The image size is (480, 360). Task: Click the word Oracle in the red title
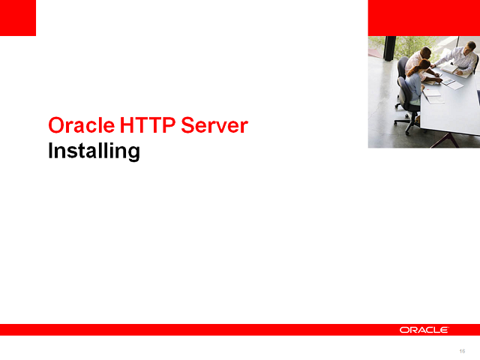[75, 125]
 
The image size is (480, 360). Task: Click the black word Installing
[94, 151]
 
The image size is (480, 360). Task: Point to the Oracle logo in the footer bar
[424, 330]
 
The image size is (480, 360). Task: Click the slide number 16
[462, 351]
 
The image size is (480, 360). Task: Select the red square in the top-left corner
[18, 18]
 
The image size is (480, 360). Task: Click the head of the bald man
[426, 52]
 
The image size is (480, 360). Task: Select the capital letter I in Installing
[51, 151]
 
